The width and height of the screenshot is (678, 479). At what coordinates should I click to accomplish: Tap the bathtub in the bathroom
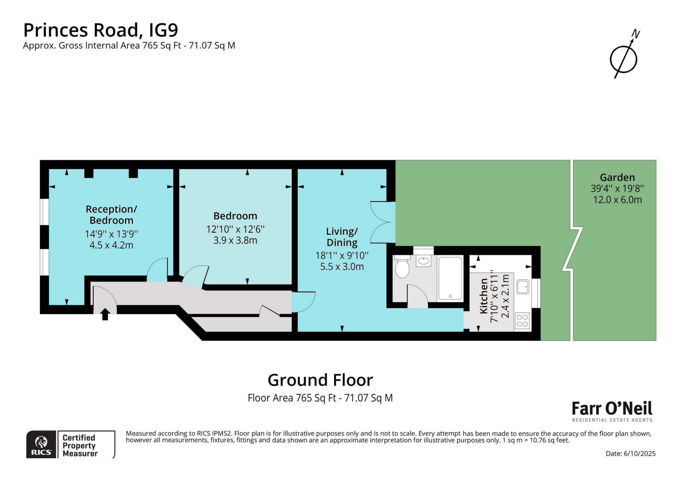coord(450,278)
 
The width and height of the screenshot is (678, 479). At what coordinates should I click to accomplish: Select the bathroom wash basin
coord(423,261)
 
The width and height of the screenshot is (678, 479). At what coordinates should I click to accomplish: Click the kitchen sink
coord(523,287)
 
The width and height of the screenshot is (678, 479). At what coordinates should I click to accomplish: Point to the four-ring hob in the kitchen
coord(522,321)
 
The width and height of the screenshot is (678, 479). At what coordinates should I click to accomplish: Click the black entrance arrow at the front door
coord(105,314)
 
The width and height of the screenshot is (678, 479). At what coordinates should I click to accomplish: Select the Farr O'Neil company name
coord(612,408)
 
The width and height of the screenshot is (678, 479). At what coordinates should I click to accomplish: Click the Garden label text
coord(617,177)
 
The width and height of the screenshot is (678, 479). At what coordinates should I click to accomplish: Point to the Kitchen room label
coord(484,296)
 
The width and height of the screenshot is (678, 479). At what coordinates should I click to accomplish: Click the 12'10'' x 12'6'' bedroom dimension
coord(235,229)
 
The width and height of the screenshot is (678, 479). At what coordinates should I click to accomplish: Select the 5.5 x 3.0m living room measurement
coord(342,267)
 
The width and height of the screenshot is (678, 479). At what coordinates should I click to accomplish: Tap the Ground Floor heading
coord(320,380)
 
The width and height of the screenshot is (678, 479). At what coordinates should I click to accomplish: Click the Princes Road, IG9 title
coord(101,30)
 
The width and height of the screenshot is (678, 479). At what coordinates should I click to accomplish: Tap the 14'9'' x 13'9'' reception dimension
coord(111,234)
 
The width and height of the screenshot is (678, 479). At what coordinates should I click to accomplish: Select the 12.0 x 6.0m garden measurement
coord(617,200)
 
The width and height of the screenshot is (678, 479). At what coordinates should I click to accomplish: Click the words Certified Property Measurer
coord(80,445)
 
